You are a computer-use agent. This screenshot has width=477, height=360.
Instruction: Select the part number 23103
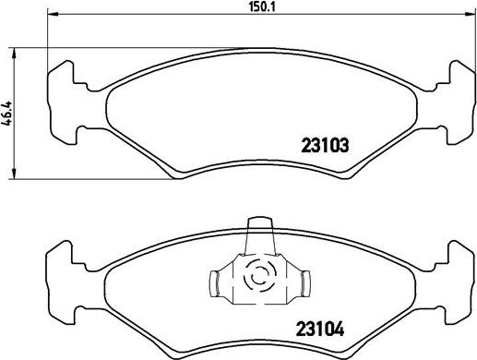pyautogui.click(x=326, y=144)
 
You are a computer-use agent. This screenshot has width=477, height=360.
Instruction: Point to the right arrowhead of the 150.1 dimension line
pyautogui.click(x=473, y=16)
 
